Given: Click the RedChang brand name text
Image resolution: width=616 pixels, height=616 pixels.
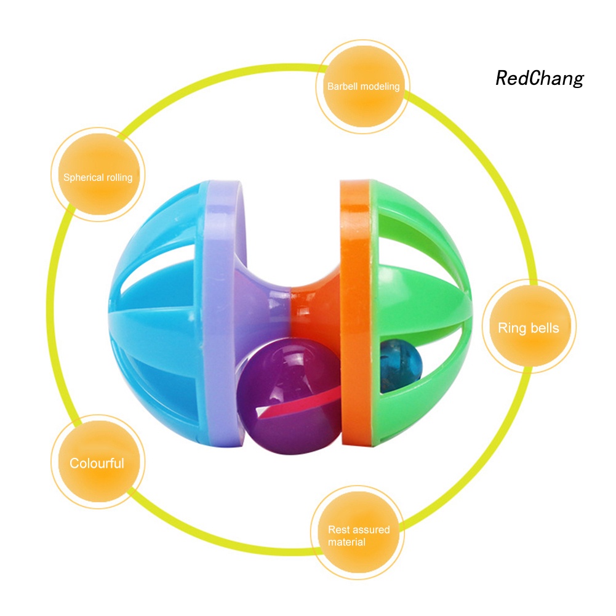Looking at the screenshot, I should pyautogui.click(x=539, y=78).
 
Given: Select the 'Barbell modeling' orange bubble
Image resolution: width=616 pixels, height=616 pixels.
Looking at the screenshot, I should pyautogui.click(x=363, y=87).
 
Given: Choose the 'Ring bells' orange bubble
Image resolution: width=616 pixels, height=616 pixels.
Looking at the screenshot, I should pyautogui.click(x=529, y=327).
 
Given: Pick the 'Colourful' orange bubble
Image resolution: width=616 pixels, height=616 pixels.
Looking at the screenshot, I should pyautogui.click(x=97, y=463).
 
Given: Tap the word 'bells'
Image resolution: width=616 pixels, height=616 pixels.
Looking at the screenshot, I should pyautogui.click(x=545, y=327).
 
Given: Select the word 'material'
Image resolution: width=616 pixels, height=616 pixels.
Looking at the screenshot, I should pyautogui.click(x=346, y=542).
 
